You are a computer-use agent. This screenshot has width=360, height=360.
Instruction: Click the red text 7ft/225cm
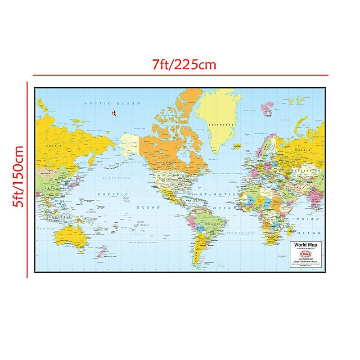(184, 65)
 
